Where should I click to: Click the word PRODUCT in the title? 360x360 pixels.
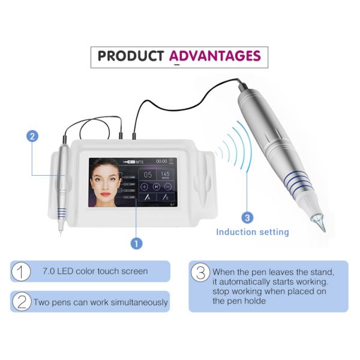(x=130, y=56)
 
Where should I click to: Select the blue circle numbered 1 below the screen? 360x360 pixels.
(x=136, y=243)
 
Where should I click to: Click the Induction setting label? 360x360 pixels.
(x=252, y=232)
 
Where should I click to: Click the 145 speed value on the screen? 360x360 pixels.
(x=166, y=173)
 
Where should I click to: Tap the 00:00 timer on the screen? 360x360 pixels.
(x=162, y=161)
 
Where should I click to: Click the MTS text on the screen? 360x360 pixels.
(x=140, y=161)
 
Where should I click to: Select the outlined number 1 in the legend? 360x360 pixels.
(x=21, y=271)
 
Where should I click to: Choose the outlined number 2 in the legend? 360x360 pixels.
(x=21, y=302)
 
